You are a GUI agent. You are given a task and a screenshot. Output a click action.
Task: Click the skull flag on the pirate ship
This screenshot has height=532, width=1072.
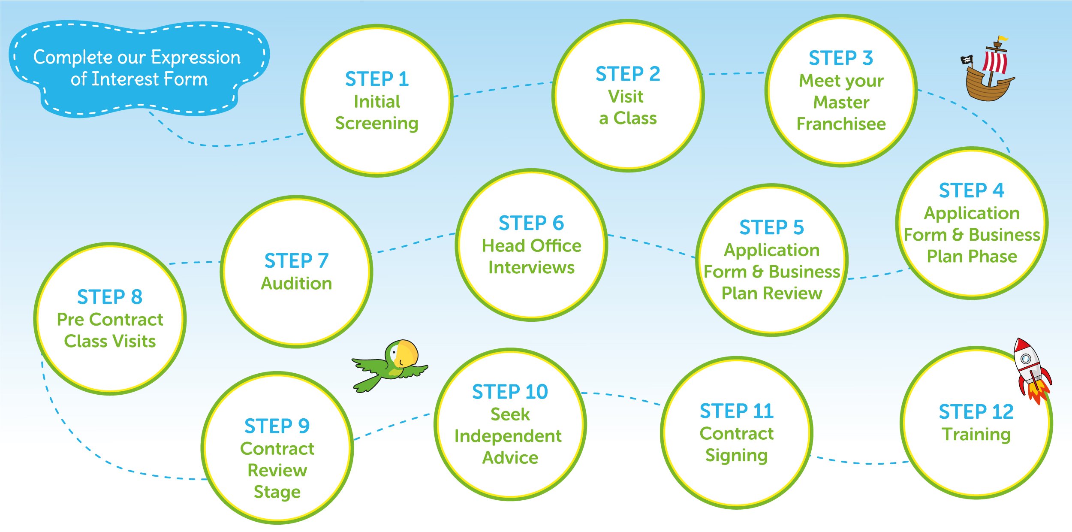coord(967,60)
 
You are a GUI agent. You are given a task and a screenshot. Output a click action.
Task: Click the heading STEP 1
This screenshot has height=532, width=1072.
coord(377,79)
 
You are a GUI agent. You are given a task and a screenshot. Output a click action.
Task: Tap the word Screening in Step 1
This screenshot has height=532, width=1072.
coord(376,124)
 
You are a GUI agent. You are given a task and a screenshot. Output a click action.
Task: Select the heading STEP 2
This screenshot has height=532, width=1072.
coord(628,74)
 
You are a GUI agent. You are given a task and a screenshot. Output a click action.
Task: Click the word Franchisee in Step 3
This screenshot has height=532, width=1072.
coord(841,124)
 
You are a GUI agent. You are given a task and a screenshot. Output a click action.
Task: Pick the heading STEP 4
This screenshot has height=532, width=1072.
coord(972,190)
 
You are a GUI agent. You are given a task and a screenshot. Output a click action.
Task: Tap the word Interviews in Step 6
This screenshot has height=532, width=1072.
coord(531,268)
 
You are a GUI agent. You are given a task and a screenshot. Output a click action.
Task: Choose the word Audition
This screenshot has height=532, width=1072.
coord(296,284)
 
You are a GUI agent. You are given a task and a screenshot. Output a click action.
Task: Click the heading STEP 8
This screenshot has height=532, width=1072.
coord(110,297)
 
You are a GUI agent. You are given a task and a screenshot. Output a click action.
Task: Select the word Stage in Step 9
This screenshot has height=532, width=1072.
coord(277,492)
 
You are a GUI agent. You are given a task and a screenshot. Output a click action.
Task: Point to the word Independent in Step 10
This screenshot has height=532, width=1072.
coord(508,436)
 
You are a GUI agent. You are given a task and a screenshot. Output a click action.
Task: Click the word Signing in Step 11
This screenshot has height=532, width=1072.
coord(736,456)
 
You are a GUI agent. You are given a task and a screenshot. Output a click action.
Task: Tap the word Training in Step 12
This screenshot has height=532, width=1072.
coord(976,435)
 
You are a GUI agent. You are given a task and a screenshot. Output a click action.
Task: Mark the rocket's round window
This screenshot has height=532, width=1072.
coord(1026,358)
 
